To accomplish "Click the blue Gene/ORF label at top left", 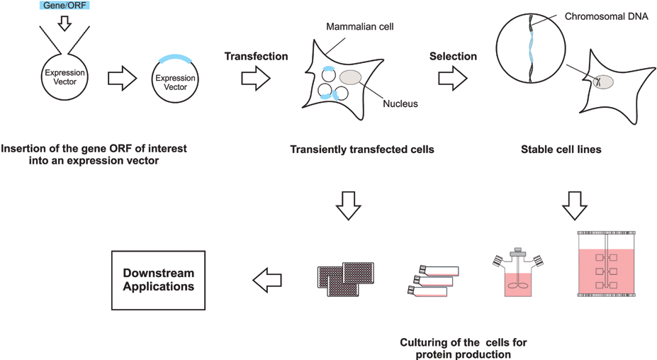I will click(60, 6).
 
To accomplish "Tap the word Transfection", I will click(255, 56).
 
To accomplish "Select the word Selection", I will click(454, 56).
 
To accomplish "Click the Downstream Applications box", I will click(158, 281).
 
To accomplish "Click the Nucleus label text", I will click(400, 103).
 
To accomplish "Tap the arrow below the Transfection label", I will click(256, 79).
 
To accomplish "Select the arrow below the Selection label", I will click(452, 79).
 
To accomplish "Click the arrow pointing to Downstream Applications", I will click(266, 281).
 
